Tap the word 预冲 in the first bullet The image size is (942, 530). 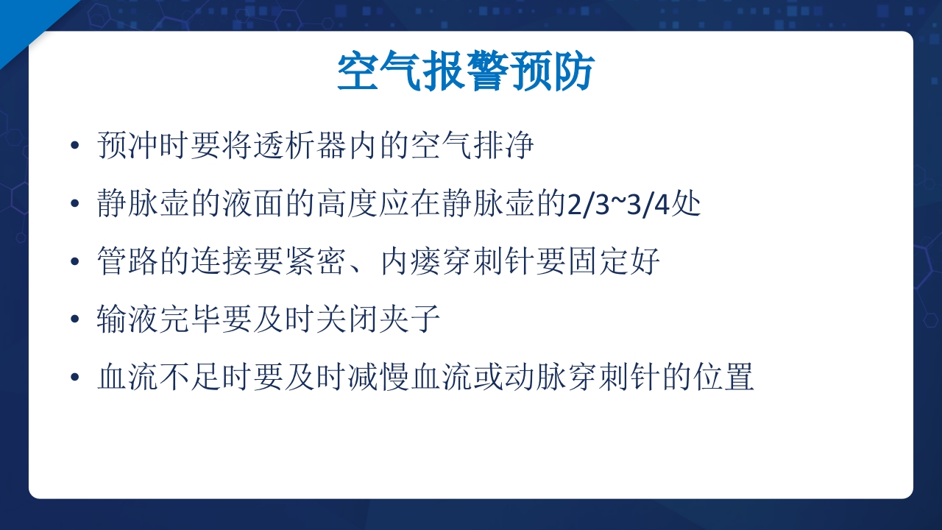[x=128, y=146]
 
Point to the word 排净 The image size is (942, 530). [x=502, y=146]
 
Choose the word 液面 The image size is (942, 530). [x=252, y=204]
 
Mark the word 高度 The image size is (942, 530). [x=346, y=204]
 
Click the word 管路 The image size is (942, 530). [x=128, y=262]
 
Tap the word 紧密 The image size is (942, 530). [x=315, y=262]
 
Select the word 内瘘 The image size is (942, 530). [x=409, y=262]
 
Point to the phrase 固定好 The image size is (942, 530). [x=612, y=262]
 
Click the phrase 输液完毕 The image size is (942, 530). [x=159, y=320]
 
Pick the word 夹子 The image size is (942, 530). [x=409, y=320]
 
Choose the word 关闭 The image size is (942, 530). [x=346, y=320]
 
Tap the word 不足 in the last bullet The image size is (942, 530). [x=190, y=378]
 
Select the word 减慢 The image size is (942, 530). [x=377, y=378]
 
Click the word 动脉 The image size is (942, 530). [x=533, y=378]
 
